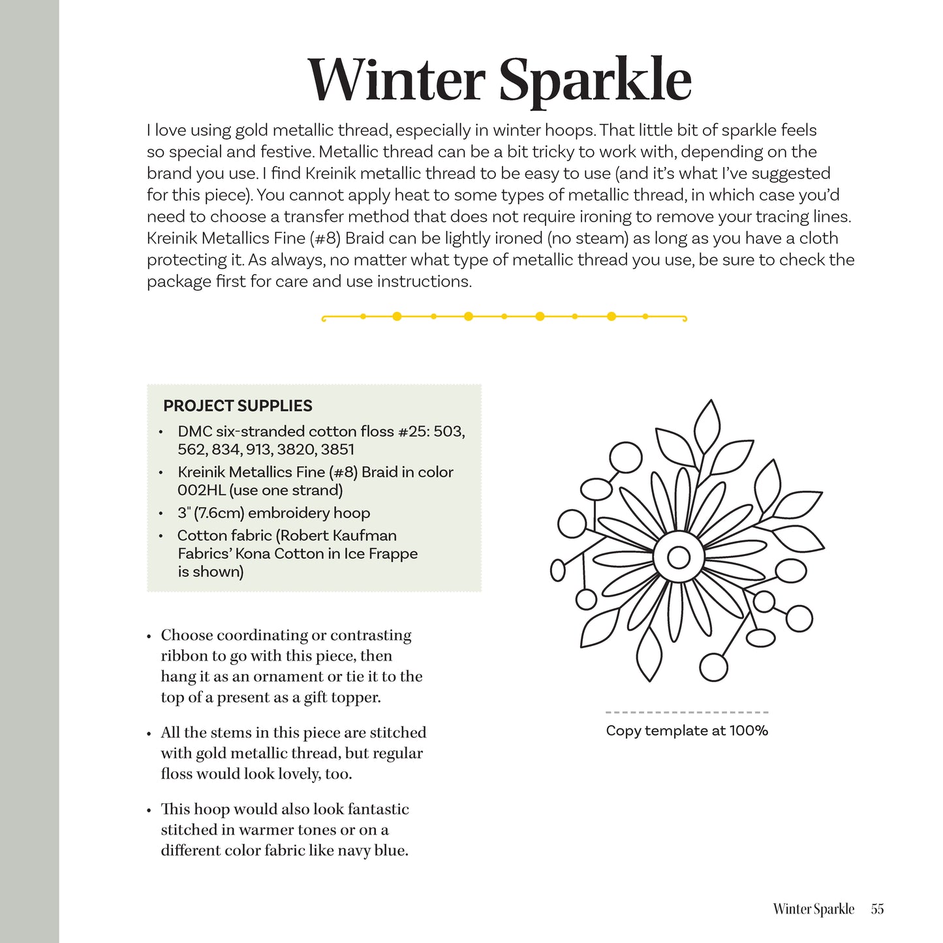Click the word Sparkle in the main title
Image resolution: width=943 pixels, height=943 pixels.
pyautogui.click(x=595, y=81)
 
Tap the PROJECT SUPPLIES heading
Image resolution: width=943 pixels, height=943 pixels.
pyautogui.click(x=238, y=406)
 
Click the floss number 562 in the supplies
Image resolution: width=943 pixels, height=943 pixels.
pyautogui.click(x=191, y=450)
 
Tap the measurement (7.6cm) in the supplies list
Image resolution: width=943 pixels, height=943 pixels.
pyautogui.click(x=219, y=513)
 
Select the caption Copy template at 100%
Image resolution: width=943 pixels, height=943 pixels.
pyautogui.click(x=687, y=731)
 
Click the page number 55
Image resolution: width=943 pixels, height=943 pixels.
pyautogui.click(x=877, y=909)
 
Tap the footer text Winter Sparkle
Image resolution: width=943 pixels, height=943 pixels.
pyautogui.click(x=813, y=909)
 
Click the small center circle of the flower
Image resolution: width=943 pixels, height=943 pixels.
pyautogui.click(x=679, y=557)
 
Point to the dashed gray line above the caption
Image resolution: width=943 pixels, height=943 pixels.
pyautogui.click(x=687, y=712)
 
